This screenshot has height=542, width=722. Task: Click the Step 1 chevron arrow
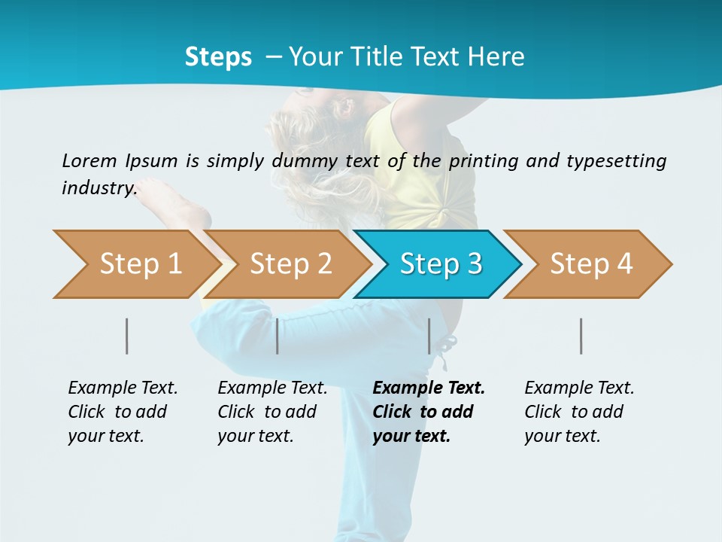(135, 264)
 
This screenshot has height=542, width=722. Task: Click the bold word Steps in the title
(218, 57)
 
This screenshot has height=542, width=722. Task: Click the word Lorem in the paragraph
(89, 161)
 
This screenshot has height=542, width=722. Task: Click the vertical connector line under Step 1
(127, 336)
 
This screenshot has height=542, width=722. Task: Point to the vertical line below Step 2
(278, 336)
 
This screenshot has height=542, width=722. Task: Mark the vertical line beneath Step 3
(429, 336)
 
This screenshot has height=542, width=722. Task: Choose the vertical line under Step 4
(581, 336)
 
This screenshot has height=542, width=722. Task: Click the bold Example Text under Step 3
(429, 388)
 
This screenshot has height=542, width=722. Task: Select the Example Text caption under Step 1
(123, 388)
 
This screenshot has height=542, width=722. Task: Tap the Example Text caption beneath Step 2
(272, 388)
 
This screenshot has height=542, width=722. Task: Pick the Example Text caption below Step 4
(579, 388)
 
